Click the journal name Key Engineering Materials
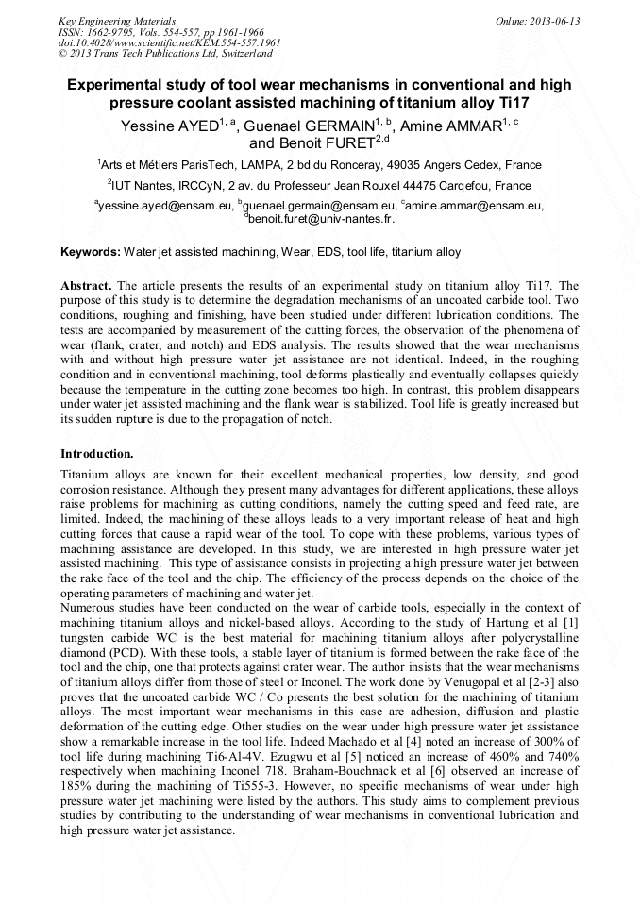[x=117, y=21]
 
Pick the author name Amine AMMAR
[x=449, y=126]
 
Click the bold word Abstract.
[x=86, y=285]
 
